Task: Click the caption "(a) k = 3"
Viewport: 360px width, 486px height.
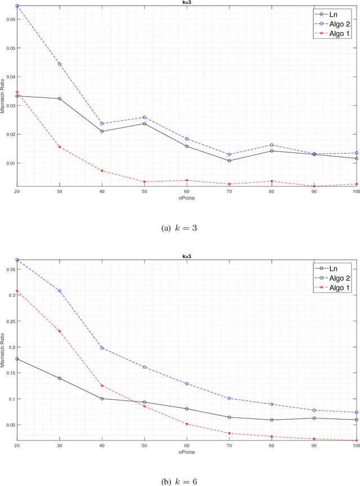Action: [179, 228]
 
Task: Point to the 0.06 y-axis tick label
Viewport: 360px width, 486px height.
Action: [10, 19]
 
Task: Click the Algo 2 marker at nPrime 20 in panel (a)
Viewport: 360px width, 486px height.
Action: [17, 6]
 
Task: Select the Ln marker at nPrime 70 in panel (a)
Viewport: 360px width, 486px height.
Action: [229, 161]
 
